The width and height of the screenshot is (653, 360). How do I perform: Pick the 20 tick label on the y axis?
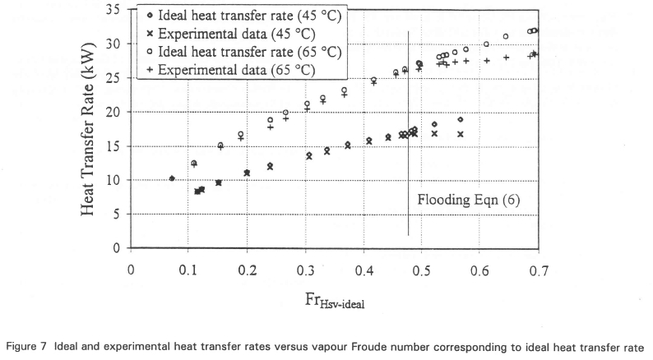(113, 112)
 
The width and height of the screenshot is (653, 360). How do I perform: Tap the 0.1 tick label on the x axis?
(188, 268)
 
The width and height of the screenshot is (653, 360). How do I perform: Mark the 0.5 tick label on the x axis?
(421, 268)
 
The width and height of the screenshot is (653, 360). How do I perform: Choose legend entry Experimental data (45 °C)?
(233, 34)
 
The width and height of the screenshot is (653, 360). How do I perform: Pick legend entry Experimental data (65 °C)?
(233, 70)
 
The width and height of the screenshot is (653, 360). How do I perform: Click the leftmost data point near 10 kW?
(172, 178)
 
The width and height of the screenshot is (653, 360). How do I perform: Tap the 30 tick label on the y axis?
(113, 44)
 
